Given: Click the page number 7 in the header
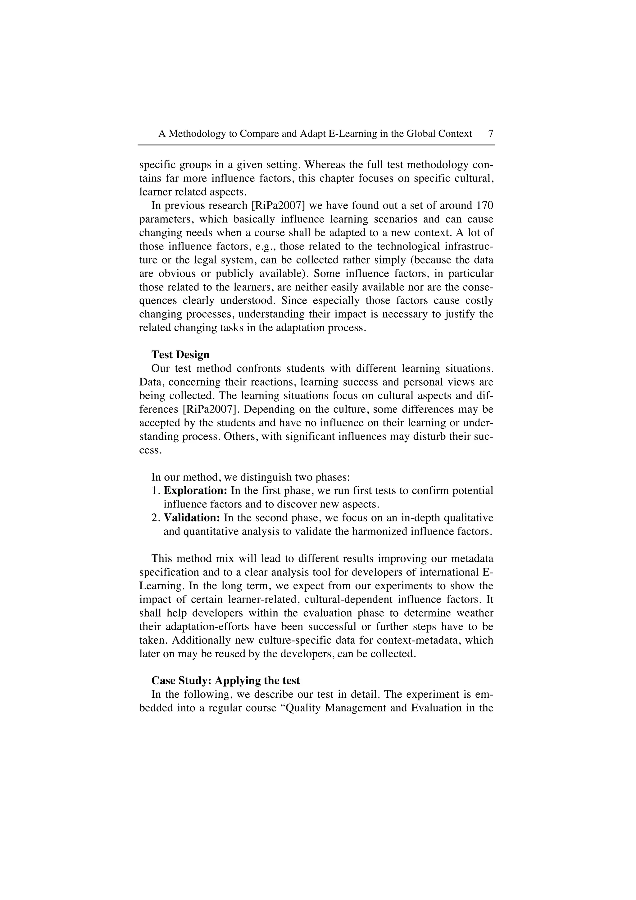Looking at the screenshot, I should pos(491,134).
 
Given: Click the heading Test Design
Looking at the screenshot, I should pos(180,355).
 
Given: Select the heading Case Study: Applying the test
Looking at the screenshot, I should pos(225,681).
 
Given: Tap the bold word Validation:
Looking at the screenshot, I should pos(192,518).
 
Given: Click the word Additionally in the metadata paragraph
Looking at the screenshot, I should pos(201,640).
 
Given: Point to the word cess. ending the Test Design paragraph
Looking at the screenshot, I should pos(150,450).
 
